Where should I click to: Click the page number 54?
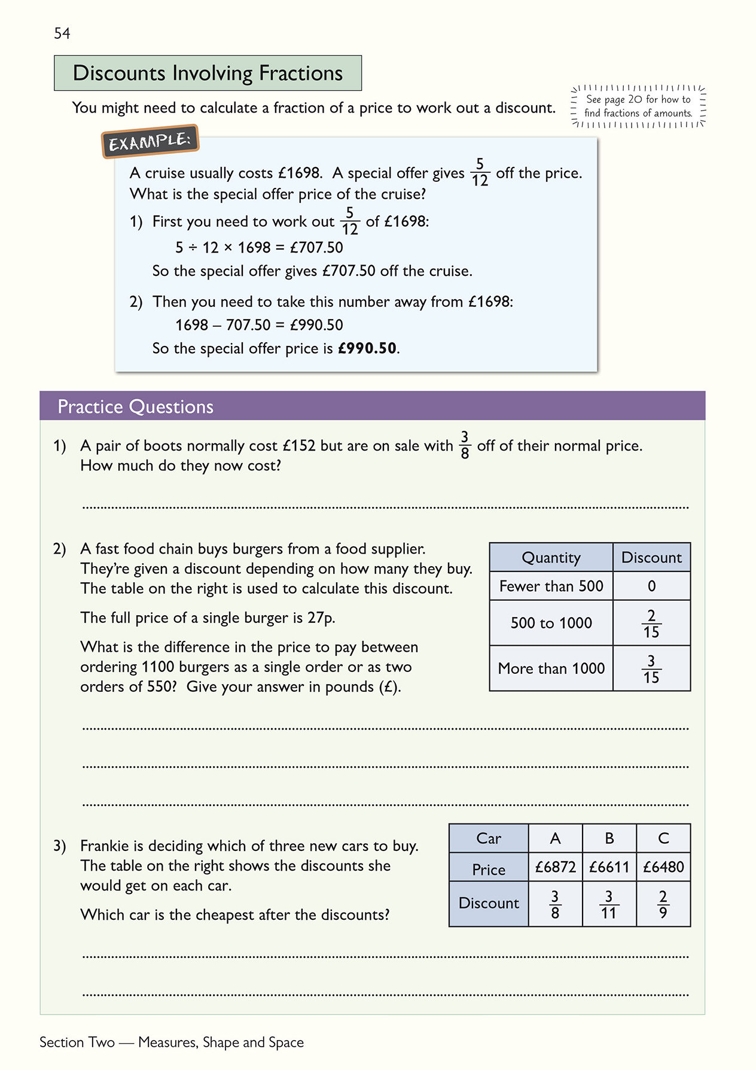point(62,34)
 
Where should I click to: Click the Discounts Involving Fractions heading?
point(208,73)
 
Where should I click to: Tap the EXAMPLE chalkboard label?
point(150,142)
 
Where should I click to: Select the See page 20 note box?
point(638,106)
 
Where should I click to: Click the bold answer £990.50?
point(367,348)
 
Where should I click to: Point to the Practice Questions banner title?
point(135,407)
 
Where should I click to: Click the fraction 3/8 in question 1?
point(465,445)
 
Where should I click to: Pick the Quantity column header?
point(551,558)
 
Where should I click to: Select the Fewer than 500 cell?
point(551,586)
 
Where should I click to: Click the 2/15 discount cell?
point(651,623)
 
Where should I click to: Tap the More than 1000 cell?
point(551,668)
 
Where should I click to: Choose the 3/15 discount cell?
point(651,668)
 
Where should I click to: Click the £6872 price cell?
point(555,867)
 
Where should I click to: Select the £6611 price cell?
point(609,867)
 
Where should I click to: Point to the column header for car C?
point(663,838)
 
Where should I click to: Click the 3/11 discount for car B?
point(609,904)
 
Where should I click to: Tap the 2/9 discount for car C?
point(663,904)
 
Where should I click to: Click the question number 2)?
point(59,549)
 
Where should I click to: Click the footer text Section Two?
point(77,1042)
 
